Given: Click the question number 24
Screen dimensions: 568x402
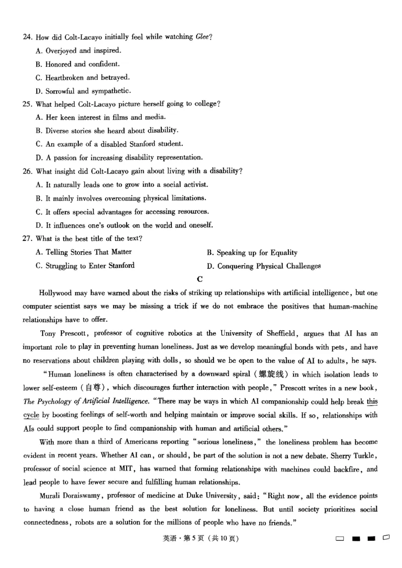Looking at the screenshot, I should [x=28, y=37].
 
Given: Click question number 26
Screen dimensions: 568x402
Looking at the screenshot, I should [x=28, y=171].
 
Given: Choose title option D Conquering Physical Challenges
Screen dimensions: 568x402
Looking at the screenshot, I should [x=264, y=266].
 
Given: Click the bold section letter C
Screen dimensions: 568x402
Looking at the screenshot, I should [x=200, y=279].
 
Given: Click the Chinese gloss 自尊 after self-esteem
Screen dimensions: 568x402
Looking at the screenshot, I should [x=93, y=388].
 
